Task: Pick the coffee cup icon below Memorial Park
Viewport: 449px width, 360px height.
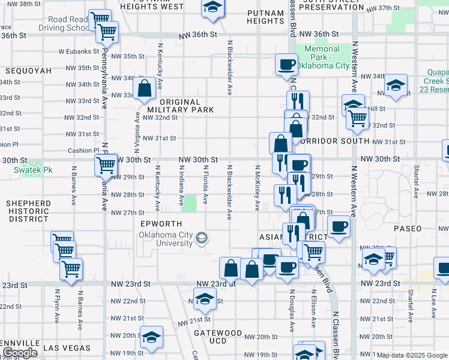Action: tap(286, 65)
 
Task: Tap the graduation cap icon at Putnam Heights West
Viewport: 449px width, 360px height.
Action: tap(211, 8)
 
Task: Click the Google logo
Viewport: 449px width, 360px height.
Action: tap(19, 353)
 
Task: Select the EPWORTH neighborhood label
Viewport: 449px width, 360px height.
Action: tap(161, 223)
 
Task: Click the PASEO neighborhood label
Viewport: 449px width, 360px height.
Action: tap(408, 229)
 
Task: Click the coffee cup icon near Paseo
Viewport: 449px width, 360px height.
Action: tap(339, 227)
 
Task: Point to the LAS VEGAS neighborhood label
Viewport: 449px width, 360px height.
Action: tap(67, 348)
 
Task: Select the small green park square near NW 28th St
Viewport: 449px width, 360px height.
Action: tap(189, 203)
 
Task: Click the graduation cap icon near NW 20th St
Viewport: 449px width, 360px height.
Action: tap(151, 338)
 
